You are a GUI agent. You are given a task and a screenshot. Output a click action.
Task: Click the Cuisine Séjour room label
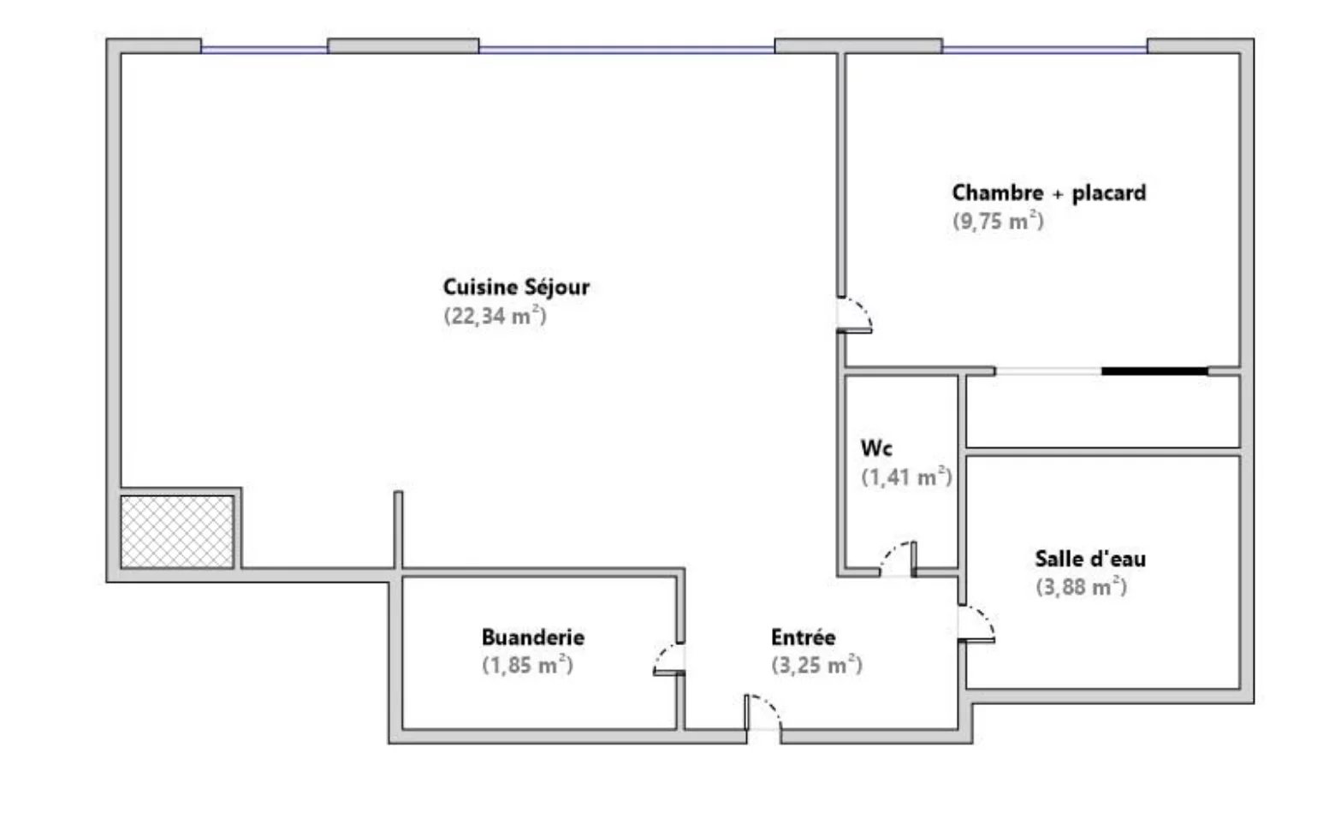pos(516,287)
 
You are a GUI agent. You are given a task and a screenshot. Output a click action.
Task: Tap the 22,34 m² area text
pos(495,316)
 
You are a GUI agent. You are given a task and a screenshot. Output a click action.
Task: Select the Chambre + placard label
pos(1048,193)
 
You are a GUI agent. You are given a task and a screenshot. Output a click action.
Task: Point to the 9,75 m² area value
pos(998,221)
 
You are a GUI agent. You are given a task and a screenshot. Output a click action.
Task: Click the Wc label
pos(877,448)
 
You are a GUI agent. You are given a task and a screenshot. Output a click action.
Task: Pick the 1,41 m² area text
pos(906,477)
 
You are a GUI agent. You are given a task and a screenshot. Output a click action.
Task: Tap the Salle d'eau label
pos(1090,559)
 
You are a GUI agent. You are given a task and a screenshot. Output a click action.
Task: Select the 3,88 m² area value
pos(1081,587)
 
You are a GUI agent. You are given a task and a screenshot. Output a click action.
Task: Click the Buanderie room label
pos(532,637)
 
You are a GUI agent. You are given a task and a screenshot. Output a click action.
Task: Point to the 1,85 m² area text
pos(527,665)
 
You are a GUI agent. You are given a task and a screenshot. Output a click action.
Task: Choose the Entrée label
pos(803,637)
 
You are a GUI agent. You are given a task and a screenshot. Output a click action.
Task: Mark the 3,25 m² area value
pos(816,665)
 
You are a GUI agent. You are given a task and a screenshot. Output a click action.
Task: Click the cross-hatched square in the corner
pos(176,531)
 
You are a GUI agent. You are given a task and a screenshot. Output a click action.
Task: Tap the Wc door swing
pos(899,560)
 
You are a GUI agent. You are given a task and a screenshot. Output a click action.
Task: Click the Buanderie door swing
pos(669,659)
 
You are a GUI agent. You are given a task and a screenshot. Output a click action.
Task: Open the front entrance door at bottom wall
pos(763,713)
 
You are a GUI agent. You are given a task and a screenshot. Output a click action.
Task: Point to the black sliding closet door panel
pos(1154,371)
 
